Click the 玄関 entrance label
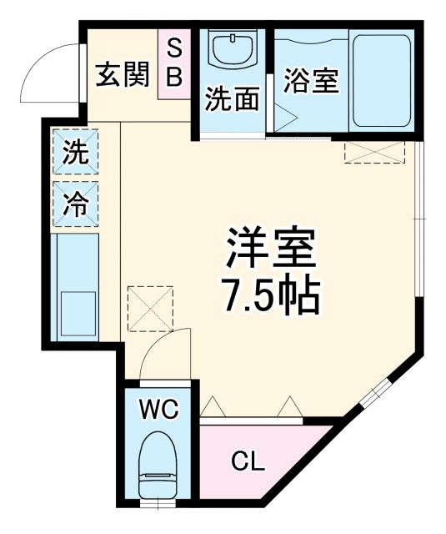coord(121,76)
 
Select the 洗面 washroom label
coord(232,100)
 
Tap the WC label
coord(158,410)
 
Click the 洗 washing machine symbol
coord(76,154)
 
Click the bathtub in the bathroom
coord(381,81)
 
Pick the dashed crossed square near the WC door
coord(150,308)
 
